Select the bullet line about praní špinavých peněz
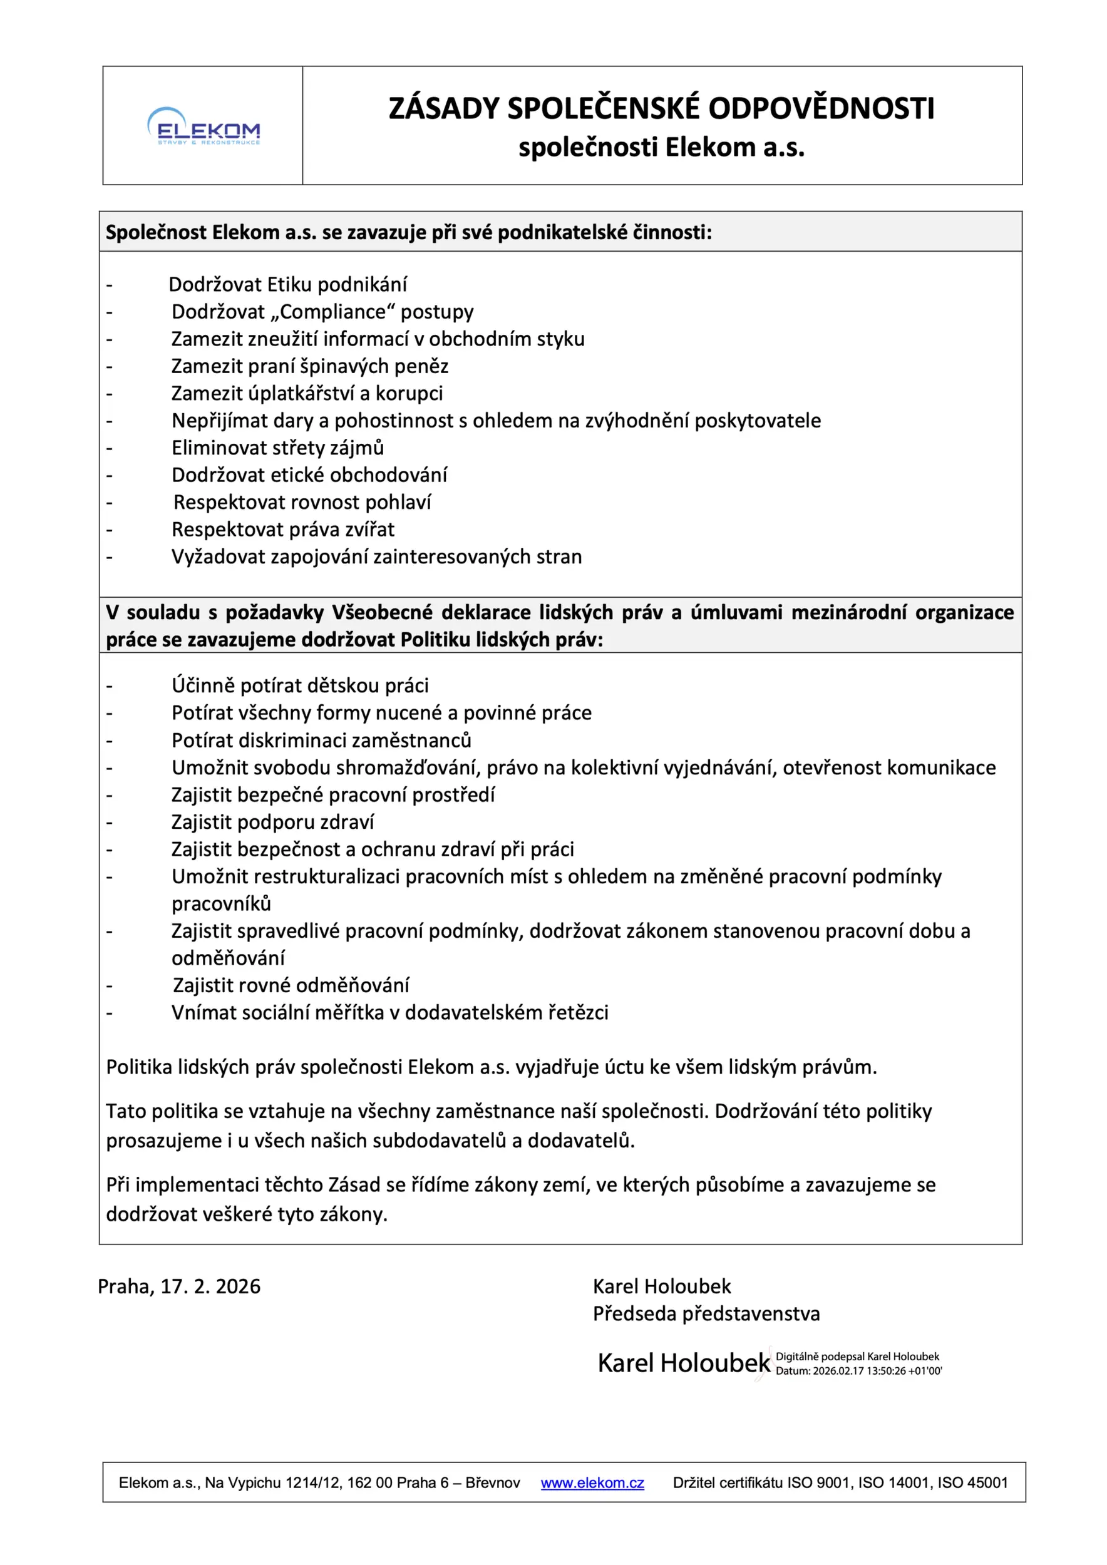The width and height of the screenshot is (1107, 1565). [309, 367]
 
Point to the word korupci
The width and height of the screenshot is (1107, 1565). [409, 394]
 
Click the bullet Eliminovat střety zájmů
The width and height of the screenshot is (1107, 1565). [277, 448]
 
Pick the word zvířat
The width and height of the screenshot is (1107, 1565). [370, 530]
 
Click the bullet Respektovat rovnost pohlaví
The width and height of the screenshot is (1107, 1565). [302, 502]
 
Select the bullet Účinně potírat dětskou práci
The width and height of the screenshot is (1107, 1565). [300, 685]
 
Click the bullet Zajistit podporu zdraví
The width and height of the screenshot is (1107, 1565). [272, 822]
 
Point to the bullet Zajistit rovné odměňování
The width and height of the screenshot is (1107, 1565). [291, 985]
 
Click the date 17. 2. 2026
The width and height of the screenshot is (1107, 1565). [210, 1287]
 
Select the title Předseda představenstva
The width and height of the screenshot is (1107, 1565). [706, 1314]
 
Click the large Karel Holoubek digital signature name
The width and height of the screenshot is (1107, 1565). [684, 1363]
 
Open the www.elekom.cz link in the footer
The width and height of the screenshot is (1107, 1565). [592, 1483]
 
